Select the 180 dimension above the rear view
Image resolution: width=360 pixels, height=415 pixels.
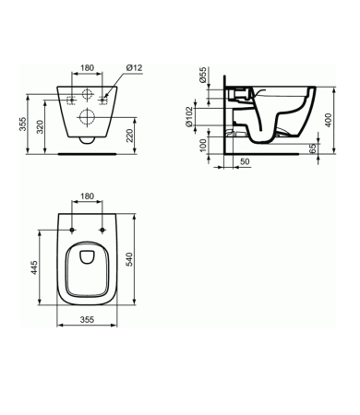tap(87, 67)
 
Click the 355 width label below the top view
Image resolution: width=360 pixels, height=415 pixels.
tap(86, 320)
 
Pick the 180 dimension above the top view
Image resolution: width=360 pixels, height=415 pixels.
tap(87, 196)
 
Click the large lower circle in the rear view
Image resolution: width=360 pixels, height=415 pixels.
tap(87, 116)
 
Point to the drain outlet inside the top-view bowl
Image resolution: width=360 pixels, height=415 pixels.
tap(87, 256)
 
